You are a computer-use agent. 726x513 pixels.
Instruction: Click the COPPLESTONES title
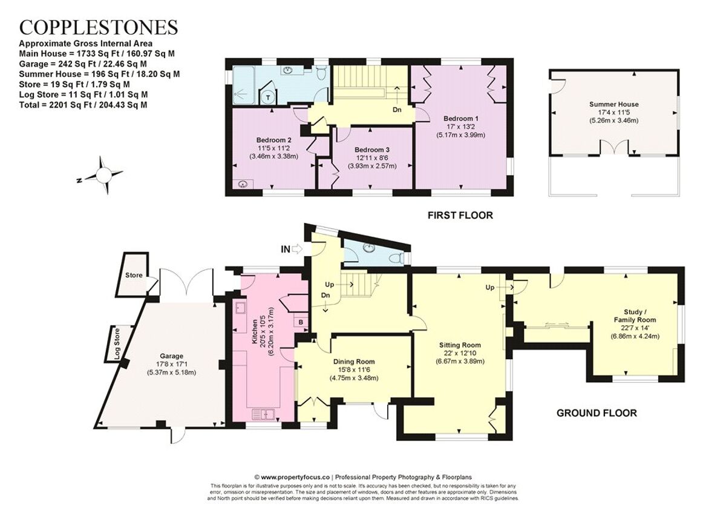[99, 27]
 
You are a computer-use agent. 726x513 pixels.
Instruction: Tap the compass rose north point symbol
[103, 176]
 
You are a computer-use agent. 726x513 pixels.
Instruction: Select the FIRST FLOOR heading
[460, 215]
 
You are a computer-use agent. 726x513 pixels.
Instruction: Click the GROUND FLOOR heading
[597, 413]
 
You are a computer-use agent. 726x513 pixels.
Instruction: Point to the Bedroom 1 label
[461, 118]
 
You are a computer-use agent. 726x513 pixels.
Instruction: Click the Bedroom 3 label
[372, 150]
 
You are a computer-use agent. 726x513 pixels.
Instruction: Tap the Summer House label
[613, 104]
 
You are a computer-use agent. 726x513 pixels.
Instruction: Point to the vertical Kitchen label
[254, 329]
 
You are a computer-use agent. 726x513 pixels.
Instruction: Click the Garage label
[172, 356]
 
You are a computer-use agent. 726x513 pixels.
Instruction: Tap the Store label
[134, 276]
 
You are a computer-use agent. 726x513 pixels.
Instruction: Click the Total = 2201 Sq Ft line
[83, 104]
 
